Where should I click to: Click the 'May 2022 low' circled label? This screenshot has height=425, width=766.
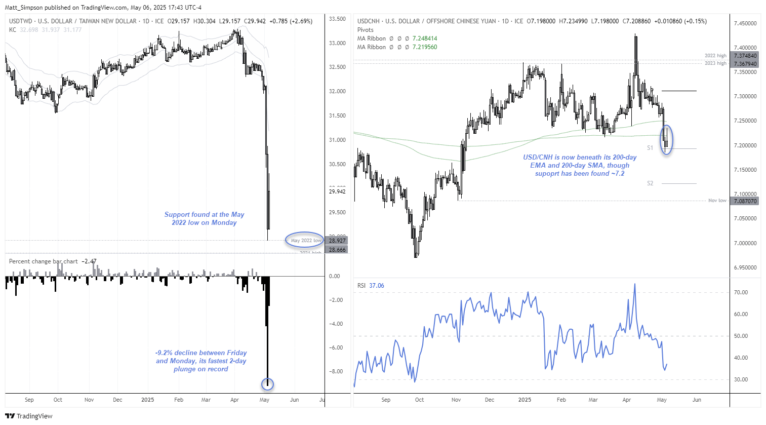click(x=305, y=240)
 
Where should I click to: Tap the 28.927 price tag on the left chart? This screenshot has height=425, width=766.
click(x=337, y=241)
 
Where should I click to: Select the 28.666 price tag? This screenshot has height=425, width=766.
click(x=337, y=250)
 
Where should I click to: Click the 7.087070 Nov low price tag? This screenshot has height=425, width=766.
click(x=745, y=201)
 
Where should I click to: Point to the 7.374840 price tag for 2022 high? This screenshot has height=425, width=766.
click(x=745, y=56)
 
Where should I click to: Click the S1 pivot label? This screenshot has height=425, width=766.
click(x=650, y=148)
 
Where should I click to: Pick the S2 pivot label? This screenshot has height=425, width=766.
click(x=650, y=183)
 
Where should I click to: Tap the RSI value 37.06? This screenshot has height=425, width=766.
click(x=377, y=286)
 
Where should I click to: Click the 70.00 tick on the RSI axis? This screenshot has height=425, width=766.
click(x=741, y=292)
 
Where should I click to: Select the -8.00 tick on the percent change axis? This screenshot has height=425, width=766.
click(x=335, y=371)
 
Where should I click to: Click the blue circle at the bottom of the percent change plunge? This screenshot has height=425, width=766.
click(x=267, y=384)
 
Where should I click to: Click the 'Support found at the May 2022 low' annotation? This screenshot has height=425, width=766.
click(x=204, y=218)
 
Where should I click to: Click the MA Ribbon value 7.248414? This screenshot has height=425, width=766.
click(x=425, y=38)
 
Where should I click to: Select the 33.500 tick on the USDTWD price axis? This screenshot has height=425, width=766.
click(x=337, y=19)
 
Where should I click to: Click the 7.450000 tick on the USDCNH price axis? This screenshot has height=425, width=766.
click(x=745, y=23)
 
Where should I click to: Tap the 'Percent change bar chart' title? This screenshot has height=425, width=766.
click(x=44, y=261)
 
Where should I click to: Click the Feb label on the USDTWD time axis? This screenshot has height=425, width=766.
click(x=179, y=400)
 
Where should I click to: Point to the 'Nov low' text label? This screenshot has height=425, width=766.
click(x=717, y=201)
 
